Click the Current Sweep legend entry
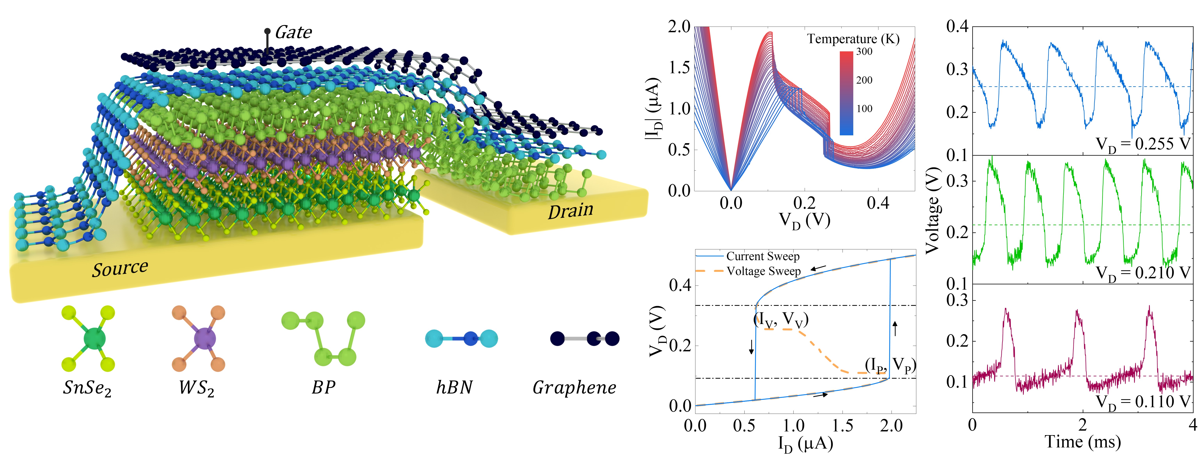[763, 256]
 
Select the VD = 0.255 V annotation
[1143, 144]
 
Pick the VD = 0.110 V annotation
[1143, 402]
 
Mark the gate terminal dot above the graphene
[267, 31]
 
